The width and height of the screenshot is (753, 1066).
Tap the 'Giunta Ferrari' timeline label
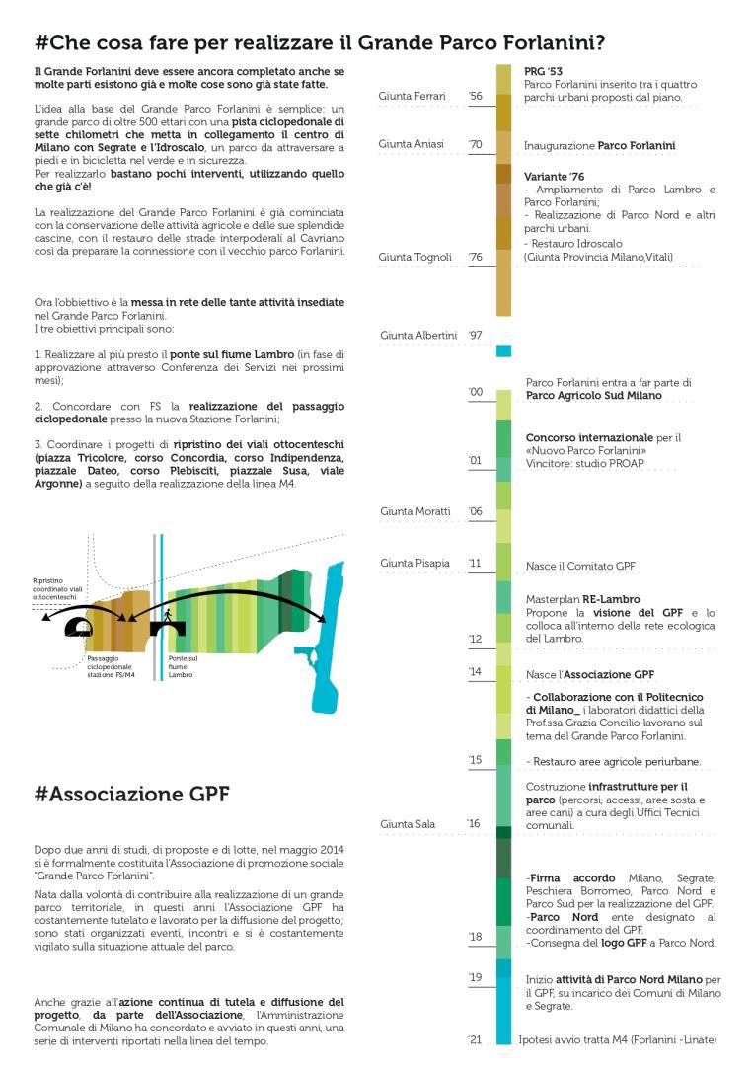click(x=412, y=96)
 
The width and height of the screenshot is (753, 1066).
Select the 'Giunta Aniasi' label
click(x=411, y=144)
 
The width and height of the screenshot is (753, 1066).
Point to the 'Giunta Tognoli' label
click(x=414, y=257)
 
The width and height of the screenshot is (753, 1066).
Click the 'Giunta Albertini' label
click(x=418, y=335)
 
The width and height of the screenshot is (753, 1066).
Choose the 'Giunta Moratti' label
click(x=415, y=511)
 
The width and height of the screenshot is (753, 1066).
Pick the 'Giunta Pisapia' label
click(x=414, y=563)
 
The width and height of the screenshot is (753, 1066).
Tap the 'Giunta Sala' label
click(x=407, y=823)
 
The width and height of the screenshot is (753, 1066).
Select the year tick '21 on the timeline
click(x=476, y=1039)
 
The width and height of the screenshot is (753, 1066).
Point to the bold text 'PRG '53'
click(x=543, y=72)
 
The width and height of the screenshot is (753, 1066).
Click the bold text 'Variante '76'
click(x=555, y=176)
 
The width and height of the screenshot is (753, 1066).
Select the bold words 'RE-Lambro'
click(x=611, y=599)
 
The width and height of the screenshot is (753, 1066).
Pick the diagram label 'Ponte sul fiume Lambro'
click(x=184, y=666)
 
